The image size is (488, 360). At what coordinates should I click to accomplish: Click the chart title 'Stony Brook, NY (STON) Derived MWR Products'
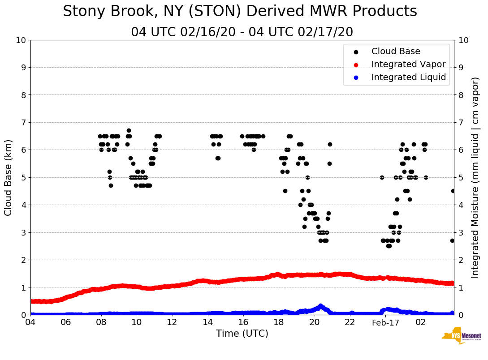[240, 12]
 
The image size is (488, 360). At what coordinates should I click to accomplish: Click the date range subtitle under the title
[242, 32]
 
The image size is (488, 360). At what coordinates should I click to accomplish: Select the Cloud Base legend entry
[396, 51]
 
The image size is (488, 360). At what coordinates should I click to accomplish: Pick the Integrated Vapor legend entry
[408, 64]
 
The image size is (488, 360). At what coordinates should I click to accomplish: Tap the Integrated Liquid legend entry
[408, 77]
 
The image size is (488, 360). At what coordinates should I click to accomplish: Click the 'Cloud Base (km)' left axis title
[9, 177]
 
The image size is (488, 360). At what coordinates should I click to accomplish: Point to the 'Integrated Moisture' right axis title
[475, 177]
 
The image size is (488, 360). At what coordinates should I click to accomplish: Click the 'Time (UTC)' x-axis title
[242, 334]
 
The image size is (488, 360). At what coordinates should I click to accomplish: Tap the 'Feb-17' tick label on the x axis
[385, 322]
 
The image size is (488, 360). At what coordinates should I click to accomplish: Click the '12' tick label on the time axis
[173, 322]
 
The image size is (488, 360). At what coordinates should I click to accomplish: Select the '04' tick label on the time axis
[30, 322]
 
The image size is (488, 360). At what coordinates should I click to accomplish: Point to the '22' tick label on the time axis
[350, 322]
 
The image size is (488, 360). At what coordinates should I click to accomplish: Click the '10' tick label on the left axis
[21, 40]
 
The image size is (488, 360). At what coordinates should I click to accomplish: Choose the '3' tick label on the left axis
[23, 232]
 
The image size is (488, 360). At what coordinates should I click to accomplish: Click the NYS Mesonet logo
[461, 336]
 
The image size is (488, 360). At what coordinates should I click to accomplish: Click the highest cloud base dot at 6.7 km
[129, 131]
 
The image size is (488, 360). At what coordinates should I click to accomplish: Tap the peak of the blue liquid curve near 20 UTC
[320, 306]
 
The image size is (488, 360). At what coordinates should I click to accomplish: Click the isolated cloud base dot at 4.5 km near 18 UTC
[285, 191]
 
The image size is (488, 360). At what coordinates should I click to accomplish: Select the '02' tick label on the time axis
[421, 322]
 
